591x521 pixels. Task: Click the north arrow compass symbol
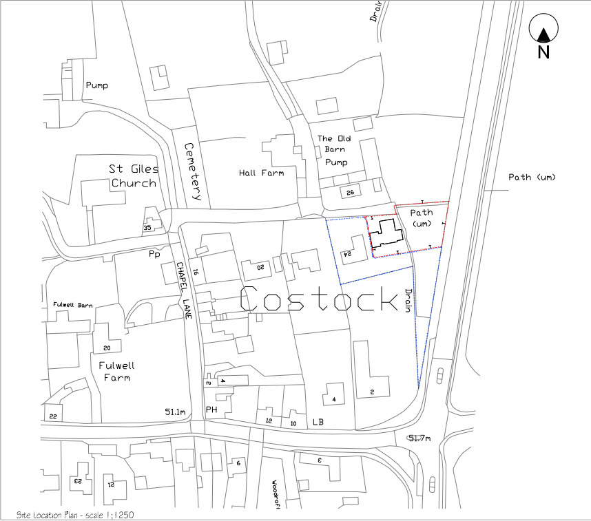click(x=543, y=32)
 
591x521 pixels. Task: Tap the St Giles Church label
click(x=134, y=176)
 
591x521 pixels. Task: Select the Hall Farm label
click(x=261, y=173)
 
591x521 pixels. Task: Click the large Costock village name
click(x=320, y=300)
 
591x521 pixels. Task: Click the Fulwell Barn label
click(x=72, y=305)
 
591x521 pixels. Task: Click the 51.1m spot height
click(x=175, y=412)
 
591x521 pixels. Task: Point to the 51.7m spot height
click(x=419, y=438)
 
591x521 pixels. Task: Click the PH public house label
click(x=211, y=410)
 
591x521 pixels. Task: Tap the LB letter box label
click(x=318, y=421)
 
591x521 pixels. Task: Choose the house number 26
click(x=350, y=192)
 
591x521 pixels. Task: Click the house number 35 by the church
click(x=147, y=228)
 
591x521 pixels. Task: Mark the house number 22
click(x=53, y=416)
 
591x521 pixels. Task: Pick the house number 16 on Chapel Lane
click(x=195, y=272)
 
